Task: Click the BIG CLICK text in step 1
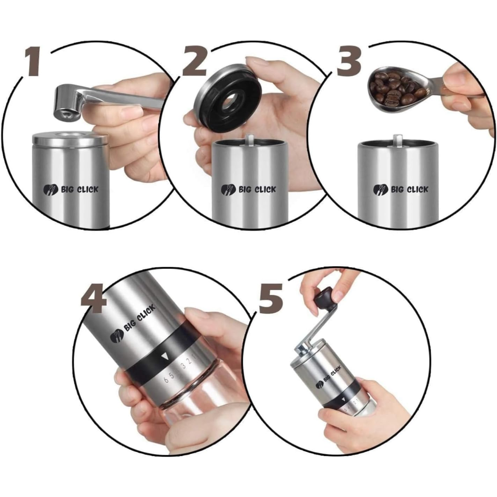(80, 190)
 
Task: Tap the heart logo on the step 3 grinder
(381, 190)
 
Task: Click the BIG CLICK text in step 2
(257, 190)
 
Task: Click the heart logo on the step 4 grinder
(117, 335)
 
